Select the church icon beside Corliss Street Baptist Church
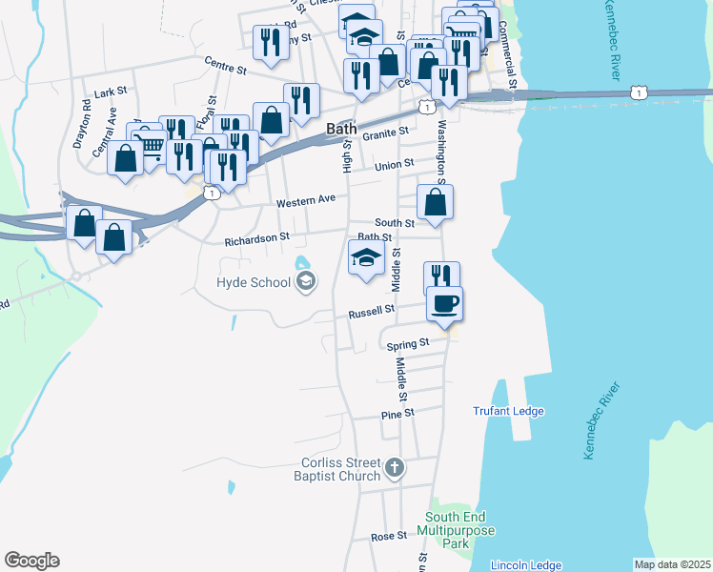coord(396,469)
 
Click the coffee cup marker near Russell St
coord(443,304)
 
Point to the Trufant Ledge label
coord(508,412)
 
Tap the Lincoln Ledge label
coord(526,565)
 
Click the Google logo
coord(31,561)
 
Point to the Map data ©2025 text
coord(672,564)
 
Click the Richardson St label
coord(256,238)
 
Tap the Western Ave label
coord(306,202)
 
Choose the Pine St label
coord(397,415)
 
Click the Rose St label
coord(389,537)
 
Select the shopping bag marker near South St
coord(435,201)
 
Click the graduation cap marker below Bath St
coord(366,257)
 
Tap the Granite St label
coord(387,132)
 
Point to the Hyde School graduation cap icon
coord(306,280)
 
